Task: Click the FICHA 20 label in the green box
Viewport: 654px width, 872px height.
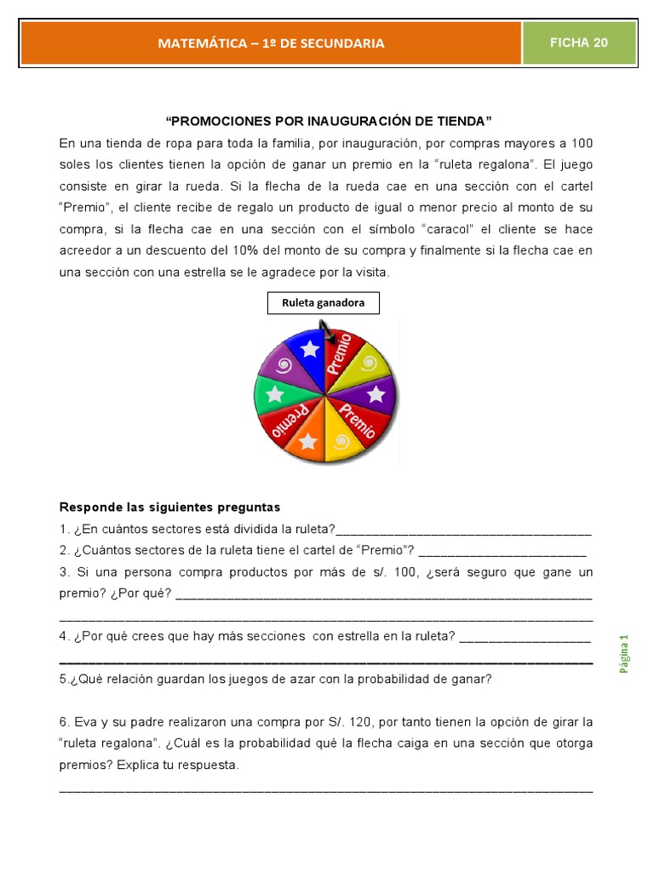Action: [x=579, y=43]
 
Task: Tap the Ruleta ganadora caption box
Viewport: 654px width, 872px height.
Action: [x=323, y=302]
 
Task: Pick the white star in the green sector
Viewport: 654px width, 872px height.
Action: [x=273, y=394]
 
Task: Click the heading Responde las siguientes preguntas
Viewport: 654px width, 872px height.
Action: [x=169, y=508]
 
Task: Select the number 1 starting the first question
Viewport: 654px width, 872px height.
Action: [x=63, y=530]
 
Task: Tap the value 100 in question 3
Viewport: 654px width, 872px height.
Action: [x=407, y=572]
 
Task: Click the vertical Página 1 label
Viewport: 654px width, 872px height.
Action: [x=623, y=655]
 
